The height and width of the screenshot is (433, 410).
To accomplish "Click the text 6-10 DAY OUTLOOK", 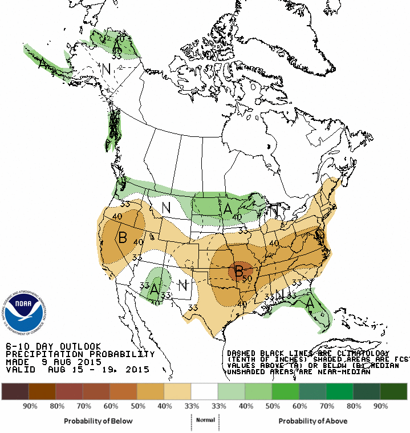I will [53, 346].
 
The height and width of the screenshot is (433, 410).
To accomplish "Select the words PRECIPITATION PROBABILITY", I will [80, 354].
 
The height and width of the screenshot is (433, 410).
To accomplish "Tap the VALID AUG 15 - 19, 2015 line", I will [77, 370].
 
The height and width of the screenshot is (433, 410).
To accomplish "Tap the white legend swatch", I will [204, 391].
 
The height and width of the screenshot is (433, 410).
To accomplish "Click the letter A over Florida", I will [310, 303].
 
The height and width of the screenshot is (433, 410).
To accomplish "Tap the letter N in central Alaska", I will [105, 69].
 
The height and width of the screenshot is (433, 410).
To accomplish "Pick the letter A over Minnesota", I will [228, 209].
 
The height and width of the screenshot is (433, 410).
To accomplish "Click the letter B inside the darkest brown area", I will [239, 270].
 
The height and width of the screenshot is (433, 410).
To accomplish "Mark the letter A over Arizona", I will [154, 289].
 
